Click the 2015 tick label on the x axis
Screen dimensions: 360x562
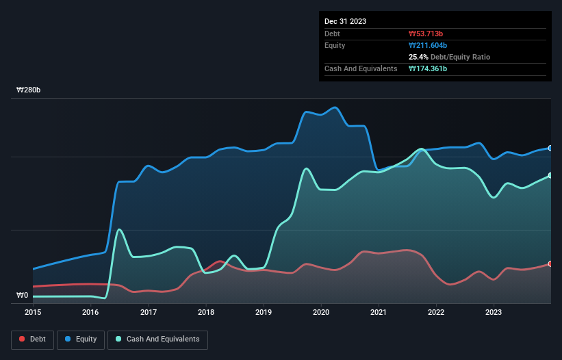click(x=33, y=313)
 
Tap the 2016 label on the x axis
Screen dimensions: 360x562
click(x=90, y=313)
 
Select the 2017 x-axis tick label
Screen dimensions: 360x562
click(x=148, y=313)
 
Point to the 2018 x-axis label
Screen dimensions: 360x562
click(x=205, y=313)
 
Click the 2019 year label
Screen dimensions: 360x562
click(x=264, y=313)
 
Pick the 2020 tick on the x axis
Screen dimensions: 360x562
click(x=321, y=313)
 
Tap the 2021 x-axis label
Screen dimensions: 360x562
click(x=379, y=313)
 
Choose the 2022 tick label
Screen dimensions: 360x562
click(x=436, y=313)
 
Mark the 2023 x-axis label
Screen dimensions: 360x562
click(x=494, y=313)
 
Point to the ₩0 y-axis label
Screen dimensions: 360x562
click(x=22, y=296)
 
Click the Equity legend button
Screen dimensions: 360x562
click(x=81, y=339)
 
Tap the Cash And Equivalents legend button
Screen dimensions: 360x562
click(x=157, y=339)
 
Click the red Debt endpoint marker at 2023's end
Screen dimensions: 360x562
click(x=550, y=263)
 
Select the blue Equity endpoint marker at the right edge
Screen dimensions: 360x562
click(x=550, y=148)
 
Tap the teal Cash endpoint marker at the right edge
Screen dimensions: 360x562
click(x=550, y=175)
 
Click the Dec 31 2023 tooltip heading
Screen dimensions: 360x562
click(x=345, y=21)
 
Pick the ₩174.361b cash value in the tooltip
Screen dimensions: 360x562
click(x=428, y=68)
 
